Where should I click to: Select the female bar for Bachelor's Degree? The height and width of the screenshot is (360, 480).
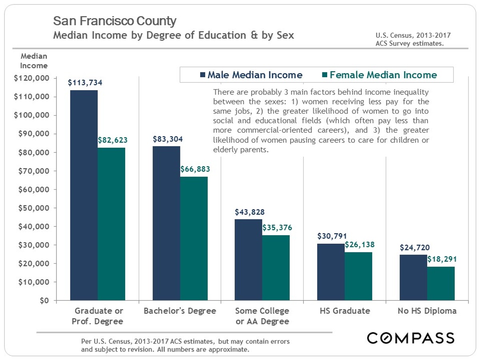pyautogui.click(x=194, y=238)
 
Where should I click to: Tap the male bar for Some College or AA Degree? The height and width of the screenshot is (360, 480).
pyautogui.click(x=248, y=260)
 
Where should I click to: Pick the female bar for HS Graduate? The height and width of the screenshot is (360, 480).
pyautogui.click(x=358, y=276)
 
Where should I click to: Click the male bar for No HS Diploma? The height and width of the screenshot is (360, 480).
pyautogui.click(x=413, y=278)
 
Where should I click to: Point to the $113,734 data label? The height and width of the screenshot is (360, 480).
pyautogui.click(x=85, y=83)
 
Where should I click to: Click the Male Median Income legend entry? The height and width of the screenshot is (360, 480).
pyautogui.click(x=250, y=75)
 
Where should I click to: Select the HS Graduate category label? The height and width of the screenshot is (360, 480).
pyautogui.click(x=345, y=311)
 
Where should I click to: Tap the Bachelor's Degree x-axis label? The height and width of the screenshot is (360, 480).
pyautogui.click(x=180, y=311)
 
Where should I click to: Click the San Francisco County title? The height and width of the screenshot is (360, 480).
pyautogui.click(x=115, y=21)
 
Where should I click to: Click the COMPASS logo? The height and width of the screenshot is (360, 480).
pyautogui.click(x=411, y=338)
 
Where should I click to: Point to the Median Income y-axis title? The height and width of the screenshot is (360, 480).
pyautogui.click(x=34, y=61)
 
